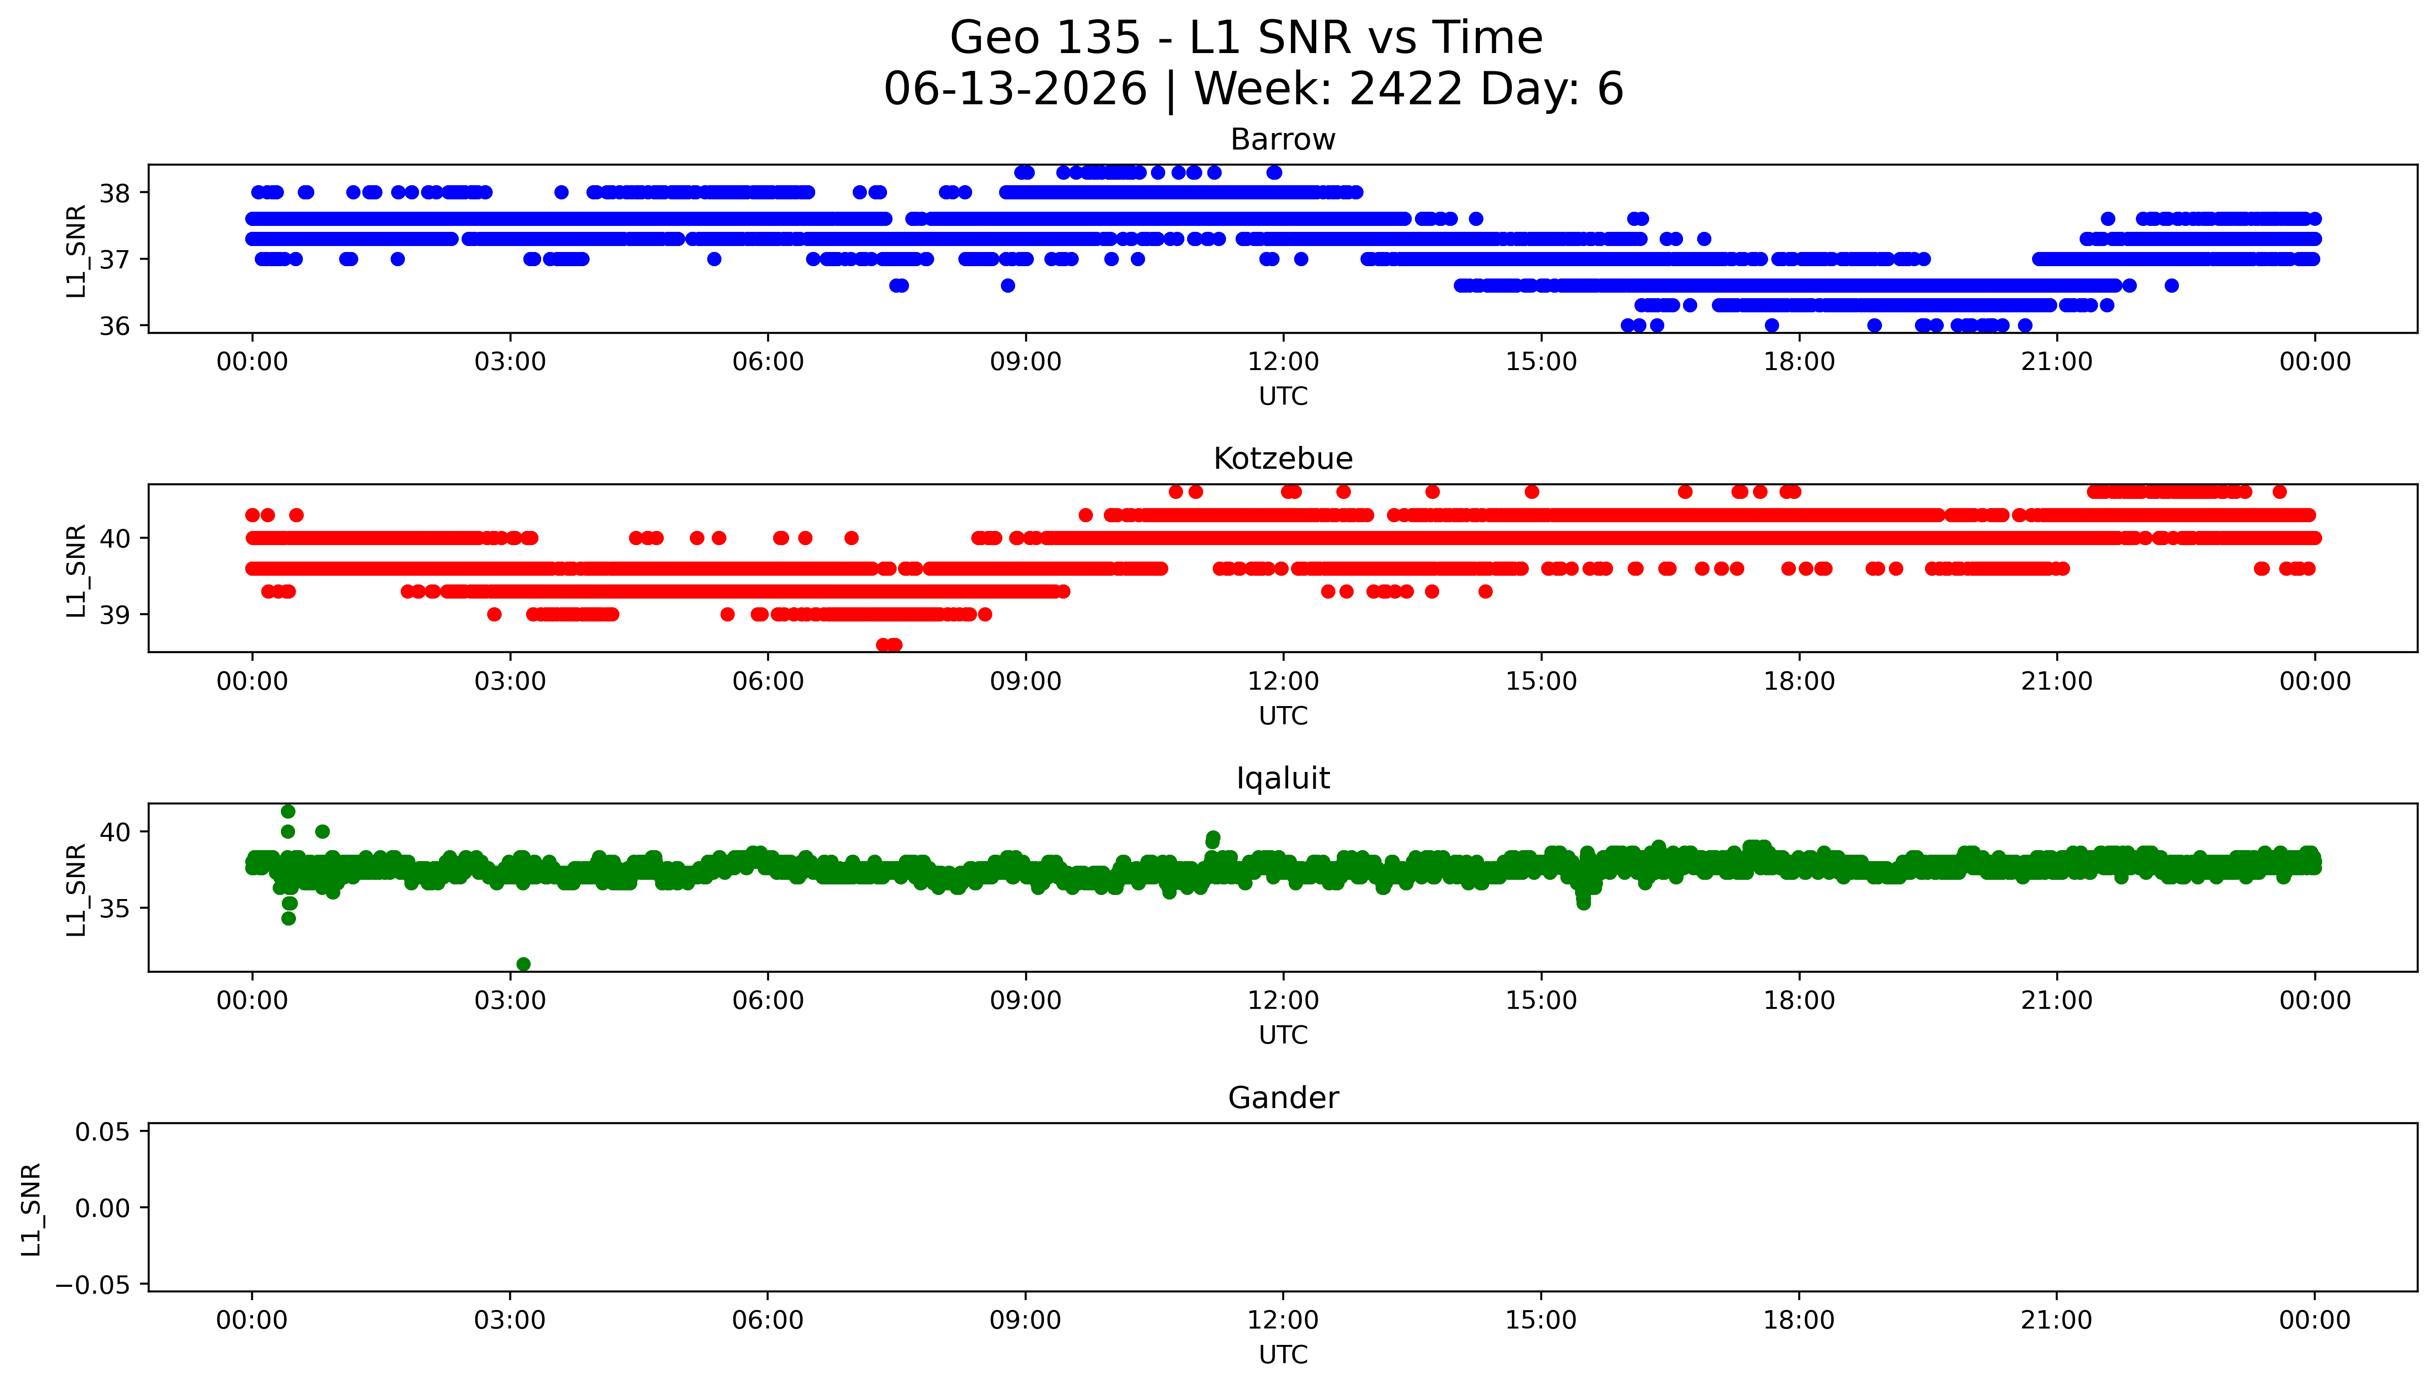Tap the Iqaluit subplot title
click(1282, 778)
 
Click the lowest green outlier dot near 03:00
click(523, 964)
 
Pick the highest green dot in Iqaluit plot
click(288, 812)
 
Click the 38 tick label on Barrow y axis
click(115, 193)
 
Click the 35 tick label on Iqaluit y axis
click(115, 909)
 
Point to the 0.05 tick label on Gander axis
click(103, 1133)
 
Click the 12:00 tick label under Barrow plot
click(1282, 362)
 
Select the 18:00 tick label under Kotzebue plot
click(1799, 681)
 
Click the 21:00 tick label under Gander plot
click(2056, 1320)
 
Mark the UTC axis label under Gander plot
click(1282, 1355)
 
